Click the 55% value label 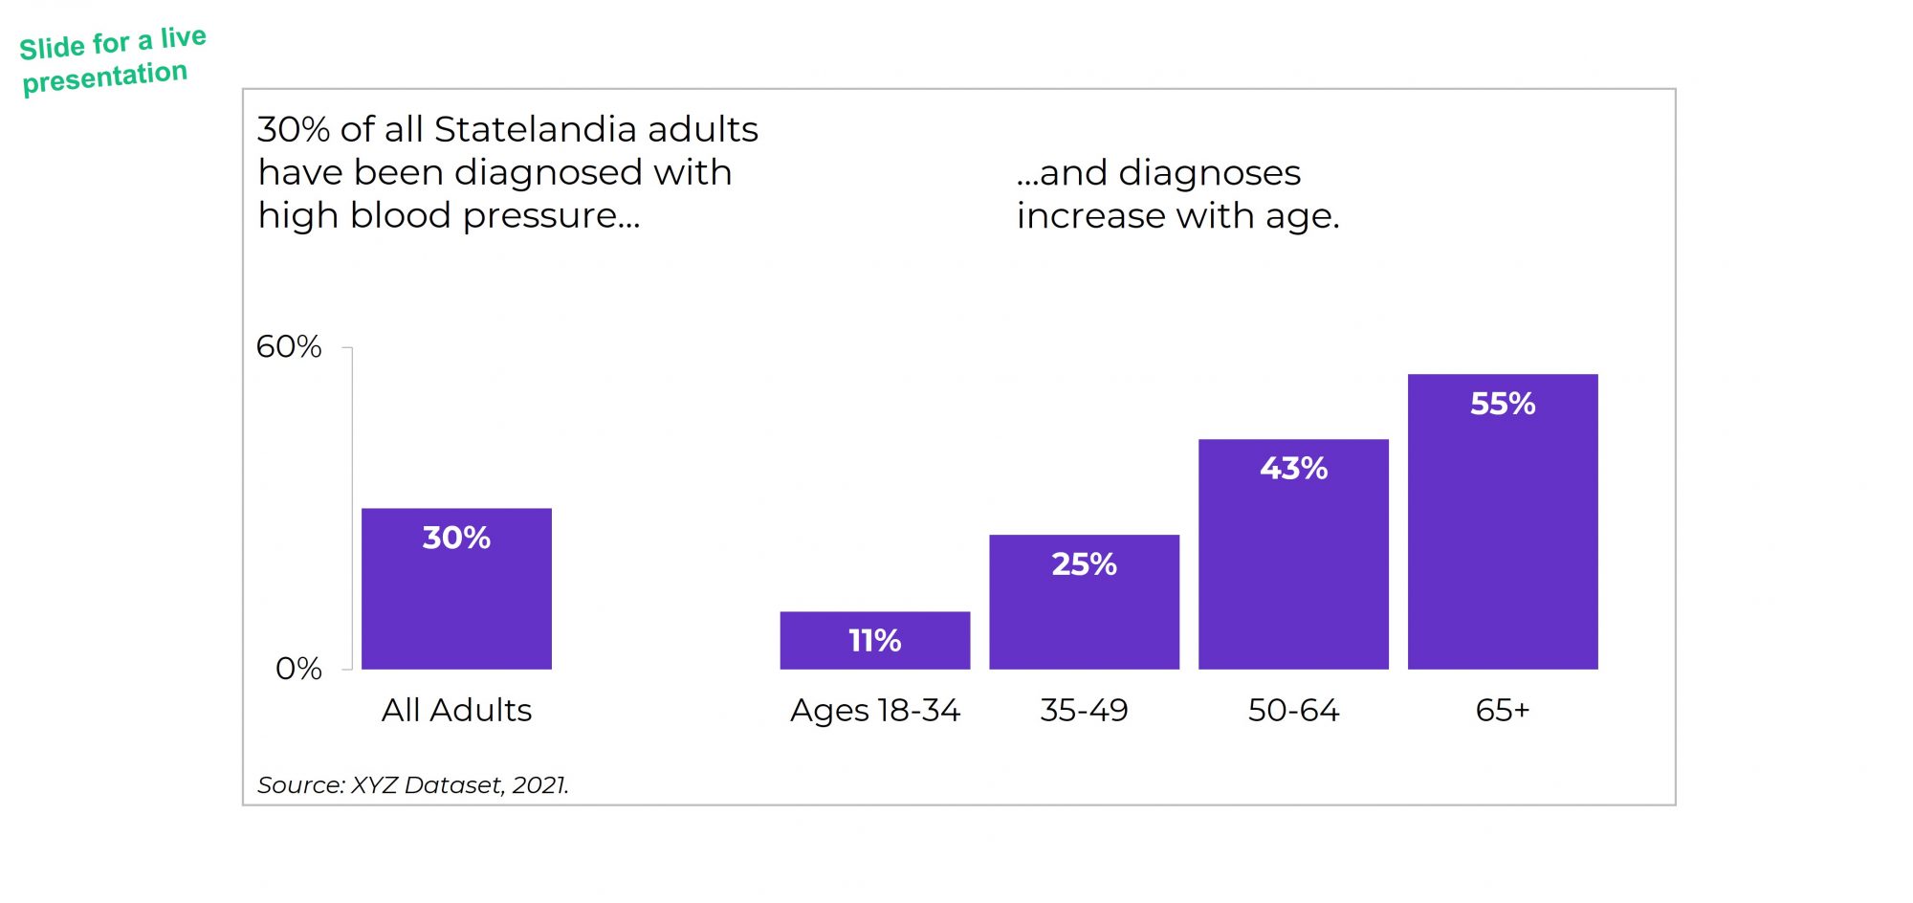[x=1503, y=404]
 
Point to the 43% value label [x=1293, y=469]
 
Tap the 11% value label [x=874, y=641]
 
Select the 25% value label [x=1084, y=564]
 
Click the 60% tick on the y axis [x=289, y=347]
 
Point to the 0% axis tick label [x=298, y=669]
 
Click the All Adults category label [x=456, y=711]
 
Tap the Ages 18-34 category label [x=874, y=711]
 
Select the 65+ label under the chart [x=1503, y=711]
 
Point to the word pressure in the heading [x=552, y=217]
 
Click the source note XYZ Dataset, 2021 [x=459, y=785]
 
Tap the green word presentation [x=105, y=77]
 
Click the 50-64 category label [x=1293, y=711]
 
